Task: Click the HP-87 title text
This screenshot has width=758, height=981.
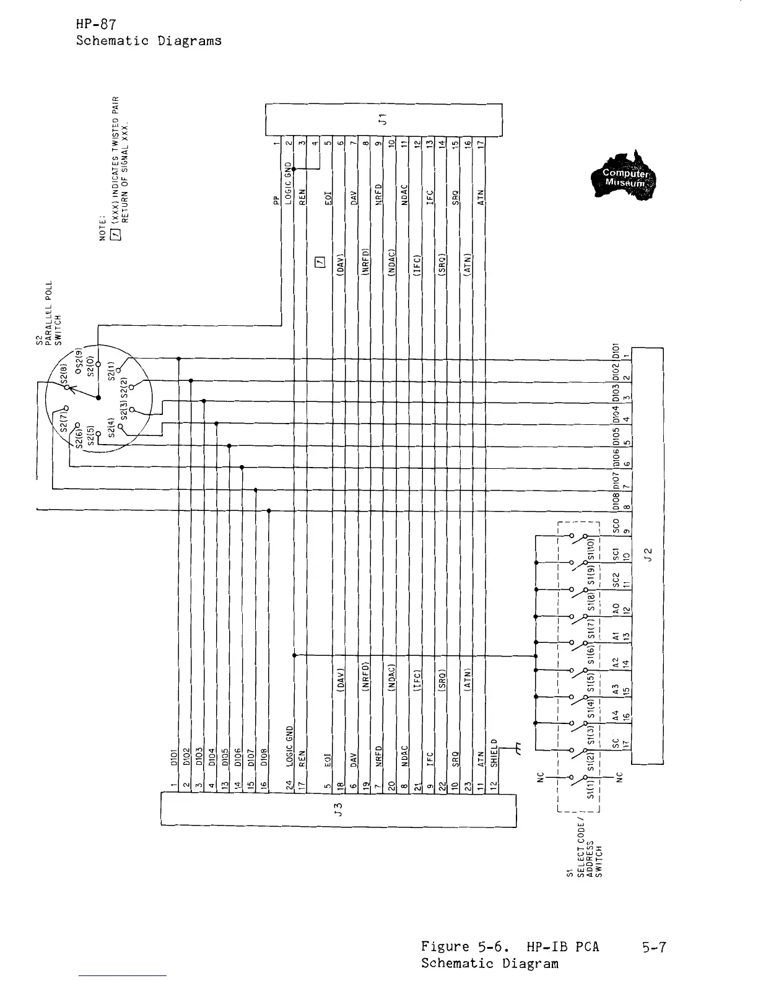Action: (x=97, y=25)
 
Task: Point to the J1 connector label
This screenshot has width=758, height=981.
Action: (x=383, y=119)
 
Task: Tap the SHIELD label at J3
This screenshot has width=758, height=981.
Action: (x=494, y=754)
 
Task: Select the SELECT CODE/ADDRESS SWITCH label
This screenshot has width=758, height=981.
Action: (x=583, y=848)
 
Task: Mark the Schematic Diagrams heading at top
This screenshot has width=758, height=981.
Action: (x=149, y=41)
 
